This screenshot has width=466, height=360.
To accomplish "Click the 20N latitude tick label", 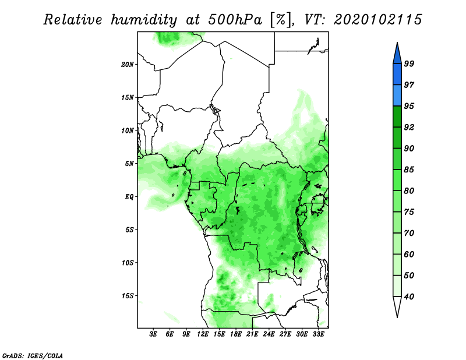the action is click(127, 64).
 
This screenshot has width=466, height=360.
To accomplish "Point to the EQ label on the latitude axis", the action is click(129, 197).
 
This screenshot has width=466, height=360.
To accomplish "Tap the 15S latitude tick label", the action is click(127, 296).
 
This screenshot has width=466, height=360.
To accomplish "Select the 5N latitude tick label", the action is click(129, 164).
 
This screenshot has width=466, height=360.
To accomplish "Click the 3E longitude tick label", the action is click(153, 334).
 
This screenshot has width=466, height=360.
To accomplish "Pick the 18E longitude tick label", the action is click(236, 334).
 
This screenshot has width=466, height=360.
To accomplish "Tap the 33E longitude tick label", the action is click(318, 334).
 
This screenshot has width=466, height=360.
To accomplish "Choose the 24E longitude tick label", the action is click(269, 334).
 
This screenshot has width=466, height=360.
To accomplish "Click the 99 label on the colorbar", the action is click(409, 63).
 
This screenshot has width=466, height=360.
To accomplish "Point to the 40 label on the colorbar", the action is click(409, 297).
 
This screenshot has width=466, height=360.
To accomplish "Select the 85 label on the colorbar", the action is click(409, 170).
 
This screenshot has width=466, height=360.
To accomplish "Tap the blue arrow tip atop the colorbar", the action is click(397, 43).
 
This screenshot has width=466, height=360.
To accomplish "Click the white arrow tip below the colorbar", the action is click(397, 317).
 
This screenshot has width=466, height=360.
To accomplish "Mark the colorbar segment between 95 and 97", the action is click(397, 96).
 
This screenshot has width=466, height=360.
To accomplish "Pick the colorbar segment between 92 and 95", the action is click(397, 117).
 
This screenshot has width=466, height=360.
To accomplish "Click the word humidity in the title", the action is click(144, 20).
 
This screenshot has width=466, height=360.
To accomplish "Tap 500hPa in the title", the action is click(235, 20).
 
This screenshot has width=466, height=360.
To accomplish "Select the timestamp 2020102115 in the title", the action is click(377, 20).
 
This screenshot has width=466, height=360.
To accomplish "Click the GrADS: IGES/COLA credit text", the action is click(33, 356).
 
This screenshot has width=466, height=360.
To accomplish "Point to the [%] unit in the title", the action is click(281, 20).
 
